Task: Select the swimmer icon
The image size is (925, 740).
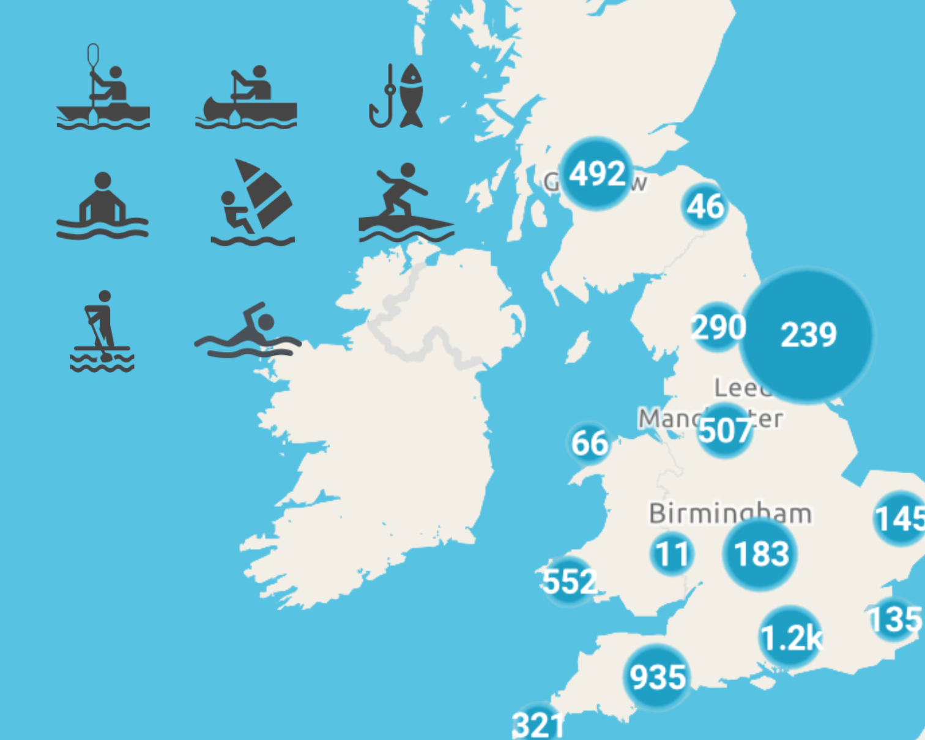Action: [x=248, y=331]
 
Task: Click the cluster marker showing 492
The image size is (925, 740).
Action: [x=596, y=174]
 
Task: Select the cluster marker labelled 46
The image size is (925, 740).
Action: [x=705, y=206]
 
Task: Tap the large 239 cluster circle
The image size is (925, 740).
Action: [x=807, y=335]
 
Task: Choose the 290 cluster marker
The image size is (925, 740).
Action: [x=718, y=327]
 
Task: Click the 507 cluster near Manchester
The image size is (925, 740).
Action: [x=725, y=430]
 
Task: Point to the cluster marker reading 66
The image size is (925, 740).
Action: [x=589, y=443]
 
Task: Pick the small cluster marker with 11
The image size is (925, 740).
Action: [x=672, y=554]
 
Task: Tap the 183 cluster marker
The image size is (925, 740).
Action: [x=760, y=554]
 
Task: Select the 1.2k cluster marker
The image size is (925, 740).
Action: [x=790, y=638]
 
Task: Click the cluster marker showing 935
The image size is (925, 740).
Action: [x=658, y=677]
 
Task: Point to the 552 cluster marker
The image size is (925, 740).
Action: [x=569, y=581]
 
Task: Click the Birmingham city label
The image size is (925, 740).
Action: [x=730, y=513]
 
